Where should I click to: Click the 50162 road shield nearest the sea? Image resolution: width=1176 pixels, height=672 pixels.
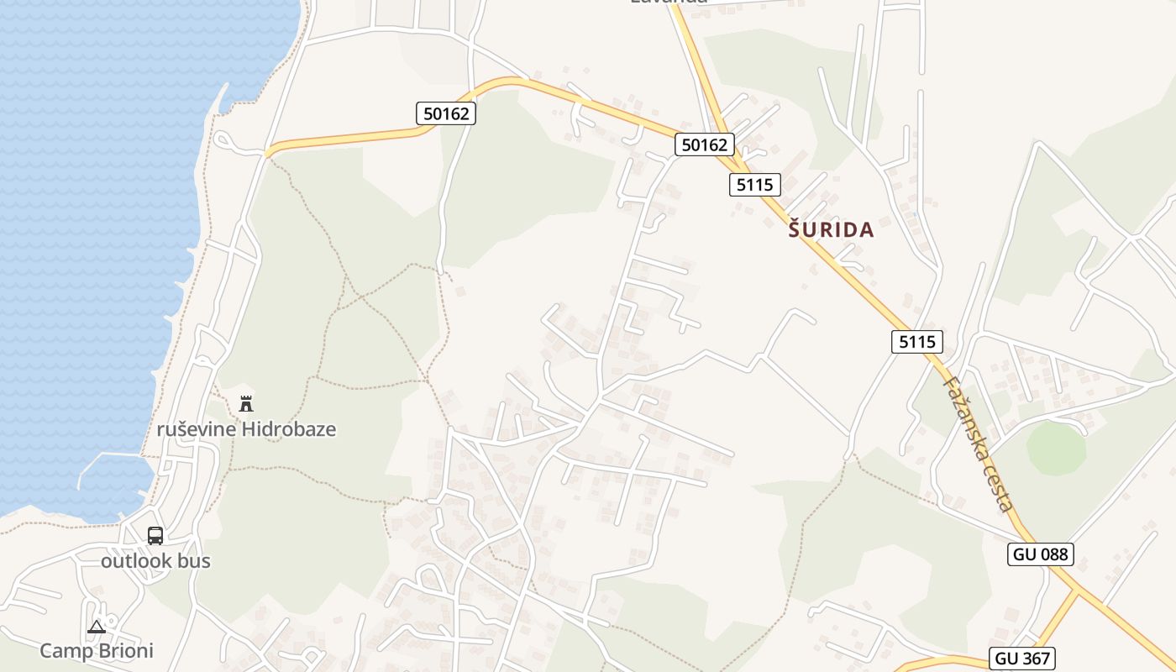pyautogui.click(x=446, y=113)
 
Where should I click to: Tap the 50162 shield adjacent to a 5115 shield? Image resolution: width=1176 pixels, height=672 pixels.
pyautogui.click(x=705, y=144)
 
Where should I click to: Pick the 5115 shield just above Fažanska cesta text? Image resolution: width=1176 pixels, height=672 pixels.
pyautogui.click(x=916, y=342)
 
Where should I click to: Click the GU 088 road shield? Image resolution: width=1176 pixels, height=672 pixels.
pyautogui.click(x=1041, y=554)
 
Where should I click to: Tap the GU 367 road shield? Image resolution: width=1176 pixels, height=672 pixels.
pyautogui.click(x=1022, y=659)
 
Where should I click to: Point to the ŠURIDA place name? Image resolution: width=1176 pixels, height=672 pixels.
pyautogui.click(x=832, y=230)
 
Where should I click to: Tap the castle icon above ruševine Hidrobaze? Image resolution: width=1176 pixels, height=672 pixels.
pyautogui.click(x=246, y=404)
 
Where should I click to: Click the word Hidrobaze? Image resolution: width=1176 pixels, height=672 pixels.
pyautogui.click(x=289, y=430)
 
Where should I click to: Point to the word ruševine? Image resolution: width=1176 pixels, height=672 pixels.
pyautogui.click(x=197, y=430)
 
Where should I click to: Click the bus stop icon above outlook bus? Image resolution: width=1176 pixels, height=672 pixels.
pyautogui.click(x=155, y=536)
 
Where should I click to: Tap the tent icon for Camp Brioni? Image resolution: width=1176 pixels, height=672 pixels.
pyautogui.click(x=97, y=627)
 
